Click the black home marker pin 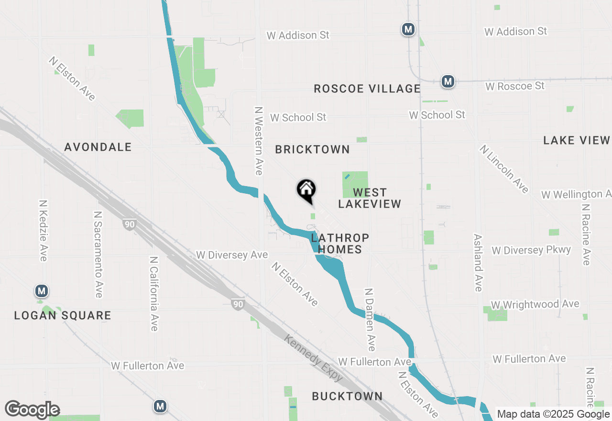coord(306,190)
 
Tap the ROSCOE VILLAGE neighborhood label coord(367,89)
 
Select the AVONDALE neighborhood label coord(98,147)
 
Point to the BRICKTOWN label coord(313,150)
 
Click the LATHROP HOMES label coord(340,244)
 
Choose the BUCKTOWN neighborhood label coord(347,396)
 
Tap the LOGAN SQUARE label coord(63,316)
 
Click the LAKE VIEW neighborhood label coord(577,140)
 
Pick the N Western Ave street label coord(259,141)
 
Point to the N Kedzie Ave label coord(44,231)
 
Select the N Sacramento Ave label coord(98,255)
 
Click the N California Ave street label coord(153,294)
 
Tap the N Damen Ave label coord(370,320)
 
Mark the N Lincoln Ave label coord(504,169)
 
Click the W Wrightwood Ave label coord(535,304)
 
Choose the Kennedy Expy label coord(314,358)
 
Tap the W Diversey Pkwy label coord(531,250)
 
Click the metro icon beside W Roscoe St coord(448,81)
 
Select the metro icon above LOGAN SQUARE coord(42,290)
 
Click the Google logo coord(32,410)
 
